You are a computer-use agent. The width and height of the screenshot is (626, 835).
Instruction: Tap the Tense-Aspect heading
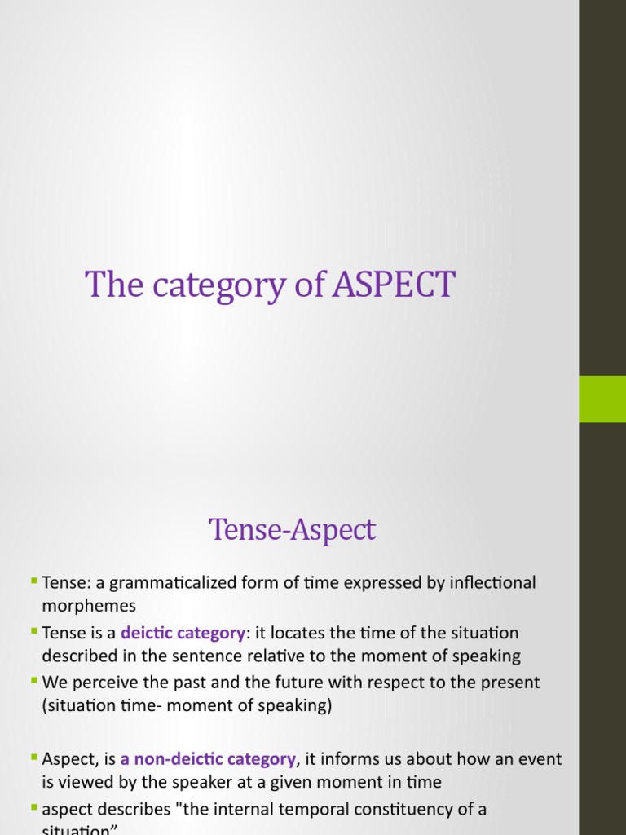click(293, 530)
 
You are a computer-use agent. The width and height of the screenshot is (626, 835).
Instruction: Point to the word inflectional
click(486, 583)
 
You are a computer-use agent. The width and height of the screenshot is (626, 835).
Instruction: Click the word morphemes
click(89, 607)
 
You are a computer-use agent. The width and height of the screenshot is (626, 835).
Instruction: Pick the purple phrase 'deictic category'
click(183, 633)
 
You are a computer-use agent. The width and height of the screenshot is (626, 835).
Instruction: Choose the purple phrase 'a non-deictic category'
click(208, 759)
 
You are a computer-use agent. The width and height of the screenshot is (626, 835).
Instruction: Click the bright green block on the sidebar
click(602, 399)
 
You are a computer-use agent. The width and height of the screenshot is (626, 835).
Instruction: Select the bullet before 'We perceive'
click(33, 679)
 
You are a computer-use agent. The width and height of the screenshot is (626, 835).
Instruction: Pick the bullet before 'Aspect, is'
click(33, 757)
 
